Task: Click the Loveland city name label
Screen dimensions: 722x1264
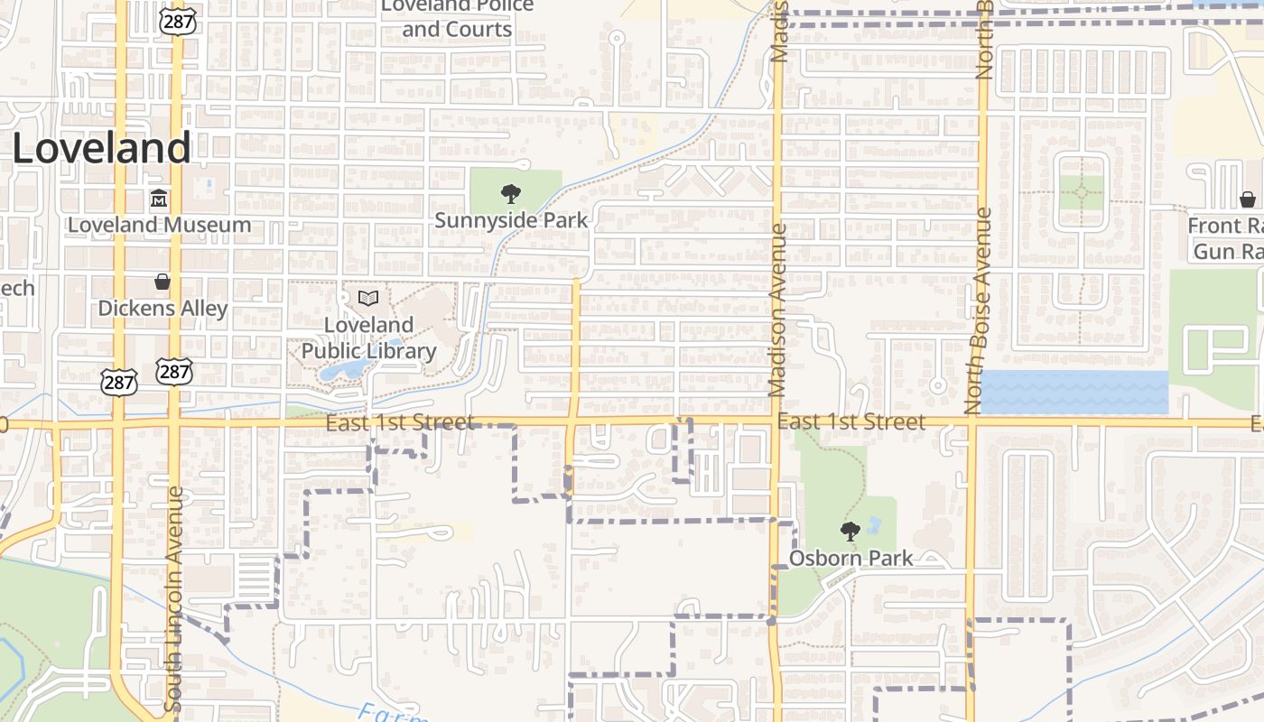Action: pyautogui.click(x=101, y=148)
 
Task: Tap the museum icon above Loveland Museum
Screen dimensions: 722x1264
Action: pyautogui.click(x=159, y=199)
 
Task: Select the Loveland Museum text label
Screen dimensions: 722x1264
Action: pyautogui.click(x=159, y=225)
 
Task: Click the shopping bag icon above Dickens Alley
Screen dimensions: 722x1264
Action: pyautogui.click(x=163, y=282)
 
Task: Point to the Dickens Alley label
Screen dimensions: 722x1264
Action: pyautogui.click(x=163, y=308)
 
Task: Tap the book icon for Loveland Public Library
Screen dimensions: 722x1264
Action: pyautogui.click(x=367, y=298)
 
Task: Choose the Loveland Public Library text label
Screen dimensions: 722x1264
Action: pyautogui.click(x=368, y=338)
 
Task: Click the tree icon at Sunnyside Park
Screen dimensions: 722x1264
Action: pyautogui.click(x=511, y=193)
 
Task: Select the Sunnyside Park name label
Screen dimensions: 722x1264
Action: pyautogui.click(x=511, y=220)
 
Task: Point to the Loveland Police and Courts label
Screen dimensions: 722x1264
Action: pyautogui.click(x=457, y=18)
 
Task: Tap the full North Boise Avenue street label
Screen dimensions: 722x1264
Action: pyautogui.click(x=984, y=311)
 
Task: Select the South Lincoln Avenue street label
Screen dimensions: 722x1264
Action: pyautogui.click(x=174, y=599)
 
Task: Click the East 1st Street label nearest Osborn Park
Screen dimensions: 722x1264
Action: pyautogui.click(x=850, y=421)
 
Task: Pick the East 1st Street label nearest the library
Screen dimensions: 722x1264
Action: pyautogui.click(x=399, y=422)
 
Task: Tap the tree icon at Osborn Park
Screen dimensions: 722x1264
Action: pyautogui.click(x=850, y=531)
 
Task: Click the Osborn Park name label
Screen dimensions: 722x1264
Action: pyautogui.click(x=850, y=558)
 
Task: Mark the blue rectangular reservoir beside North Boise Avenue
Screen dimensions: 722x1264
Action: pyautogui.click(x=1073, y=393)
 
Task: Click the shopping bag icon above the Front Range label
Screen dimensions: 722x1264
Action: pyautogui.click(x=1248, y=199)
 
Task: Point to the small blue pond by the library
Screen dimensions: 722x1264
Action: pyautogui.click(x=339, y=370)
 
